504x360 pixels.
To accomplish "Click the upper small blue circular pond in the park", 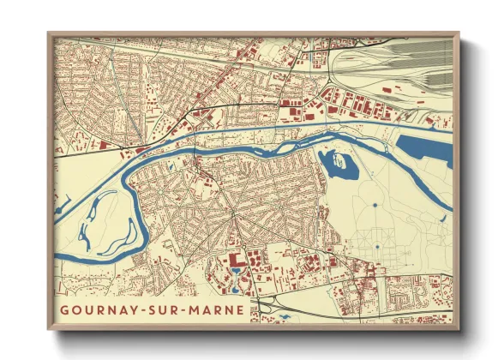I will pos(375,206).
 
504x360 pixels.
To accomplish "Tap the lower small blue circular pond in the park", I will pos(375,247).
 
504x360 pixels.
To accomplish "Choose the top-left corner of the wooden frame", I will pos(50,35).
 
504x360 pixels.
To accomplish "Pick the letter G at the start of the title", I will pos(65,309).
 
